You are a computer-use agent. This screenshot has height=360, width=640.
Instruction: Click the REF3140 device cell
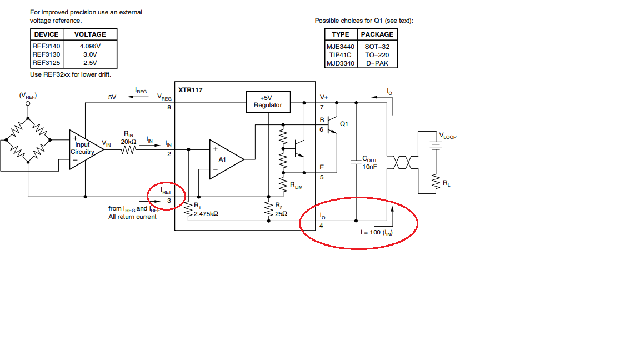pyautogui.click(x=46, y=46)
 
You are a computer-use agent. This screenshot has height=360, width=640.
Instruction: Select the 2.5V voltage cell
pyautogui.click(x=90, y=63)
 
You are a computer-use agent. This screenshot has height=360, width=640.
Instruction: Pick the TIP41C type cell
pyautogui.click(x=341, y=55)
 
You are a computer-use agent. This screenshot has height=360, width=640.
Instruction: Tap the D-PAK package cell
pyautogui.click(x=377, y=63)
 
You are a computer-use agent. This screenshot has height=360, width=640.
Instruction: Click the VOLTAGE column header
pyautogui.click(x=90, y=34)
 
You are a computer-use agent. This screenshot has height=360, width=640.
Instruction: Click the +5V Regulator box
pyautogui.click(x=268, y=102)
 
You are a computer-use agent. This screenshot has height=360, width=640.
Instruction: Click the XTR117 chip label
pyautogui.click(x=190, y=90)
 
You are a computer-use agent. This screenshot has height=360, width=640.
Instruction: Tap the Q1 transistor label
pyautogui.click(x=344, y=124)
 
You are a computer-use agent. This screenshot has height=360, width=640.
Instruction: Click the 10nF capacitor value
pyautogui.click(x=370, y=167)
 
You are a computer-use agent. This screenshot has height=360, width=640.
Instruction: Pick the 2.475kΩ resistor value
pyautogui.click(x=206, y=214)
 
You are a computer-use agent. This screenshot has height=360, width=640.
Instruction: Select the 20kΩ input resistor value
pyautogui.click(x=128, y=142)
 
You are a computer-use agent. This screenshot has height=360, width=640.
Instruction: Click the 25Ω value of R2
pyautogui.click(x=281, y=213)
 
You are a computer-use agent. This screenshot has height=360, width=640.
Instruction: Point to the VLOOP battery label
pyautogui.click(x=448, y=136)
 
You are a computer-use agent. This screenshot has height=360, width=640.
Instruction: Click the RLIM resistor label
pyautogui.click(x=296, y=186)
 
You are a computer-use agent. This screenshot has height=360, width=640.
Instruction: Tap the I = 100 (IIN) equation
pyautogui.click(x=376, y=232)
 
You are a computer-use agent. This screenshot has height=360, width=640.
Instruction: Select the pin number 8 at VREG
pyautogui.click(x=169, y=107)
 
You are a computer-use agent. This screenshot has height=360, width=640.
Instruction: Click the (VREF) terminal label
pyautogui.click(x=28, y=96)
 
